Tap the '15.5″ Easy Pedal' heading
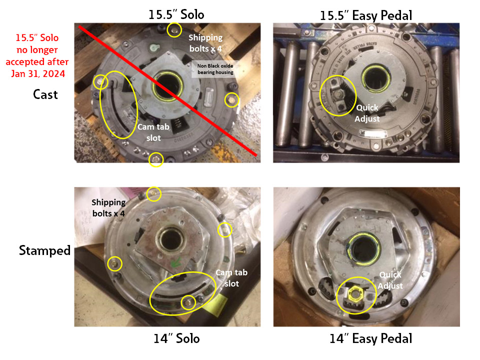366,14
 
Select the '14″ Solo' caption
176,338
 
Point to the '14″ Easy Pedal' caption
370,338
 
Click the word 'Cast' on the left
45,94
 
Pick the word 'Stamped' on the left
45,250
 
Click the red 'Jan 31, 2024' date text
39,73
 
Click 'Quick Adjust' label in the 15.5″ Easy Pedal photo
367,113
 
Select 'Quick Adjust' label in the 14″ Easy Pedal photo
390,279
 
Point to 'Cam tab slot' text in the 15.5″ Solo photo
153,132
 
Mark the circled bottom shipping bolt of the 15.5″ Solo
156,159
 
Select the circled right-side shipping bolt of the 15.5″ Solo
231,100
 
